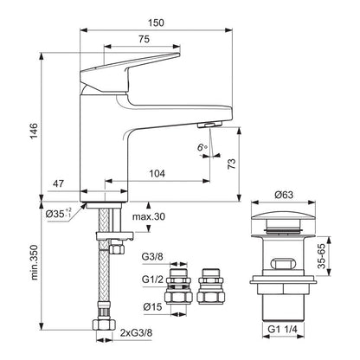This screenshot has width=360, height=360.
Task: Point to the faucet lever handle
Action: pos(130,68)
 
